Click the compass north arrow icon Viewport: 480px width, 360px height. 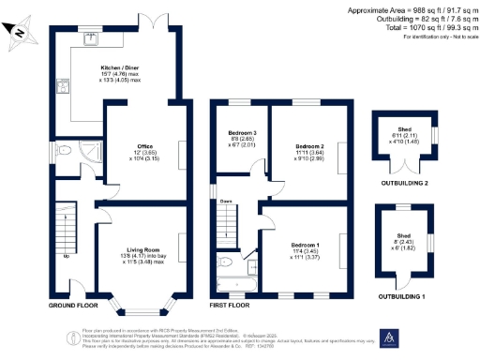22,37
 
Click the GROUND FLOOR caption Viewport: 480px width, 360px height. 73,306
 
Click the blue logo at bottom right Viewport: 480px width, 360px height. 388,338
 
